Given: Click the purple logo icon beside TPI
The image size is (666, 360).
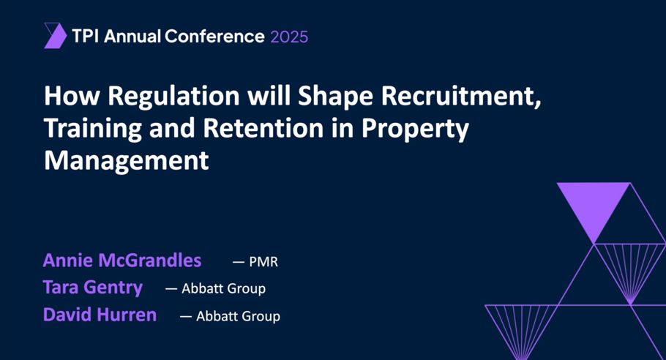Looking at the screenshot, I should click(55, 35).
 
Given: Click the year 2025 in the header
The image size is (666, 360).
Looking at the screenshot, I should click(289, 36).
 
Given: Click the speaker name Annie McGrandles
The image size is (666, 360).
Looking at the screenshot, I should click(122, 260).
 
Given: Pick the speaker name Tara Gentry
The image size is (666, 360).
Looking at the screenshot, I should click(93, 288).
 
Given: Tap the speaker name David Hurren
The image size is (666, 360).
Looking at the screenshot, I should click(100, 315).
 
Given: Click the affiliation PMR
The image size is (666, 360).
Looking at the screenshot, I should click(263, 262).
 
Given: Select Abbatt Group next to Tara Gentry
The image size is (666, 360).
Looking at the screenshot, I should click(223, 288).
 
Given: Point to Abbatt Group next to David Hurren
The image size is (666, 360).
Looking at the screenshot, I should click(238, 316).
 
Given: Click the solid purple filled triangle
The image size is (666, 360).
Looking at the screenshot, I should click(594, 205).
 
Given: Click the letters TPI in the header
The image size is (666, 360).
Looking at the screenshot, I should click(86, 36).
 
